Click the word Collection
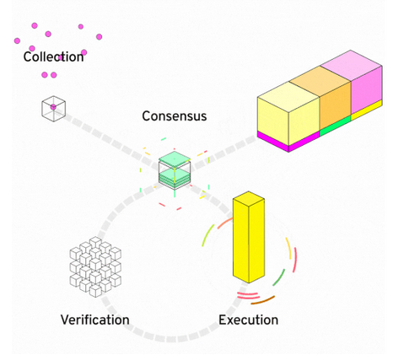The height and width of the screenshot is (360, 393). pos(53,56)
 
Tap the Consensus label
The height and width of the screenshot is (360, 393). pos(175,116)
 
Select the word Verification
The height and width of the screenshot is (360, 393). pos(95,320)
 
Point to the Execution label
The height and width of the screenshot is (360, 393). pos(249,320)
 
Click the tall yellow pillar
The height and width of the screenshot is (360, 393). pos(249,237)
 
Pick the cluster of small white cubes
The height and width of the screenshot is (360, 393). pos(95,267)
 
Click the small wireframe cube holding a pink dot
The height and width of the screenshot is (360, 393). pos(54,109)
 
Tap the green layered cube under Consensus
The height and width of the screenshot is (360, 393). pos(175,170)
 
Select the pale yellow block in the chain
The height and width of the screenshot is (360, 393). pos(288,114)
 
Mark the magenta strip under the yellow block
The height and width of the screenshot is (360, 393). pos(288,142)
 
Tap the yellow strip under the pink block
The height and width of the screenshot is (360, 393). pos(367,110)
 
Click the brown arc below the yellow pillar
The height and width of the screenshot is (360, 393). pos(263,300)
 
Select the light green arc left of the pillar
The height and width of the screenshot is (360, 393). pos(207,235)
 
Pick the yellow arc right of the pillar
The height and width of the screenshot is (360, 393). pos(289,248)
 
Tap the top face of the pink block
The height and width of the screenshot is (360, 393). pos(351,66)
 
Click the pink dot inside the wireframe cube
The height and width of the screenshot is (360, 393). pos(53,107)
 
